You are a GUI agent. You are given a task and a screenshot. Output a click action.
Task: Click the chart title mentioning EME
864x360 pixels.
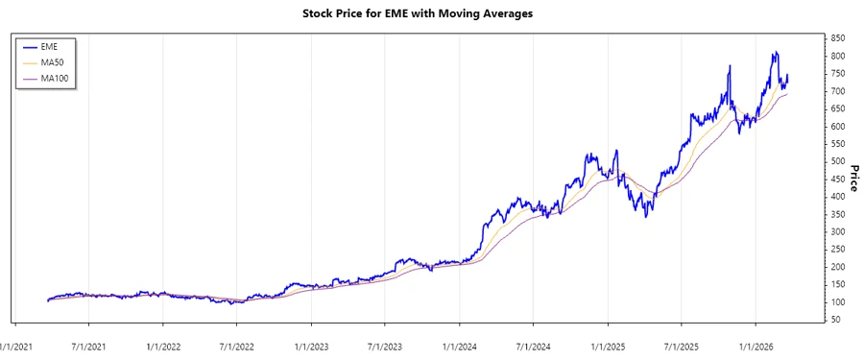(x=431, y=13)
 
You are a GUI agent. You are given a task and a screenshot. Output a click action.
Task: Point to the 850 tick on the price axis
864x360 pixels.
(x=838, y=38)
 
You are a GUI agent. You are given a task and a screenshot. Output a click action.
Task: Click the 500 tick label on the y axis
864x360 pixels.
(x=838, y=161)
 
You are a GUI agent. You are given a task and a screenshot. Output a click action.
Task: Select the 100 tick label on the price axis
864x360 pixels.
(x=838, y=301)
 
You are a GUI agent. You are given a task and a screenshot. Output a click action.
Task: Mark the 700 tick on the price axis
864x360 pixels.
(x=838, y=91)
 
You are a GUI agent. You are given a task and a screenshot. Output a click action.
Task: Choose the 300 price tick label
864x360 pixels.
(x=838, y=231)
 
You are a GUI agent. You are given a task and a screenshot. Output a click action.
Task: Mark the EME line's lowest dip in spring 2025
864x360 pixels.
(x=646, y=216)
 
